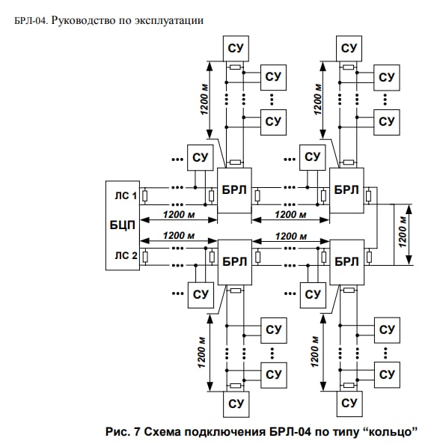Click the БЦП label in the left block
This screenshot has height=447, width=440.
tap(122, 225)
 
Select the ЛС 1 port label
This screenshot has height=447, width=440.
tap(126, 195)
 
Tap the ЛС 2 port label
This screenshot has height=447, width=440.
tap(126, 255)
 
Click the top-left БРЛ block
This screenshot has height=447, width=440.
tap(234, 190)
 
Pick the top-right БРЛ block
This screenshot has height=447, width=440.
tap(346, 190)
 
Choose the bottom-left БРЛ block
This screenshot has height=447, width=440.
tap(235, 262)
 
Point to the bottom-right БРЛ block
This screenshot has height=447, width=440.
tap(346, 262)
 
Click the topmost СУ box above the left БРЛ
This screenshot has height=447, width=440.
tap(236, 49)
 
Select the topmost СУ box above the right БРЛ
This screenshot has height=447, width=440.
tap(349, 49)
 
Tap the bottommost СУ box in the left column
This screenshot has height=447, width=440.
tap(236, 404)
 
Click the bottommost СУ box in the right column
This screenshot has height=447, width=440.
tap(349, 404)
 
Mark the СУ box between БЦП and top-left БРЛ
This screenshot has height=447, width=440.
tap(200, 158)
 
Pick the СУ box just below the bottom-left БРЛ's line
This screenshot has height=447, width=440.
tap(201, 295)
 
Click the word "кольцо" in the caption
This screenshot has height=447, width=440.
tap(391, 432)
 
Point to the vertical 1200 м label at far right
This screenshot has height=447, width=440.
tap(402, 232)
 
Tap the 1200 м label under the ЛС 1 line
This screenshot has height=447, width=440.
tap(179, 214)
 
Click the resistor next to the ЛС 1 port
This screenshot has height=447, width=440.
tap(144, 196)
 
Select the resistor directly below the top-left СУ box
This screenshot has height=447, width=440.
tap(236, 67)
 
